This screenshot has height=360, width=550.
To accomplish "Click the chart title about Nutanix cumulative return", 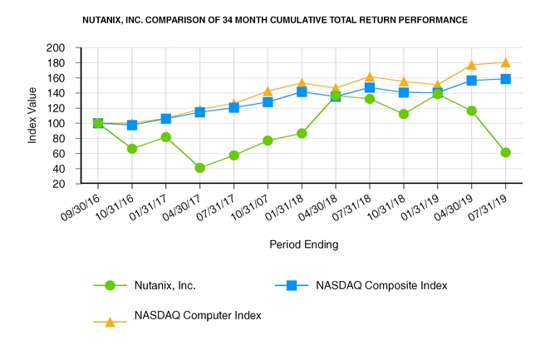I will pos(274,18).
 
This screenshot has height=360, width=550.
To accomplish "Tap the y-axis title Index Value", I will pos(32,116).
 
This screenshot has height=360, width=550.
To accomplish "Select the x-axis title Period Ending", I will pos(303,245).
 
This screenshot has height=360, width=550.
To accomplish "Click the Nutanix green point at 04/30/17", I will pos(200,168).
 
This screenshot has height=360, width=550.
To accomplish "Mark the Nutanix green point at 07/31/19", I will pos(506,152).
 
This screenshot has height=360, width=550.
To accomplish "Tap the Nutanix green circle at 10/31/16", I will pos(132,149).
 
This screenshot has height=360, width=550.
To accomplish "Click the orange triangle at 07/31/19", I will pos(506,62).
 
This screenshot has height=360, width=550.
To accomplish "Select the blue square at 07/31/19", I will pos(506,79).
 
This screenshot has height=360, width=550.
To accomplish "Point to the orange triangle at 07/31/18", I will pos(370,76).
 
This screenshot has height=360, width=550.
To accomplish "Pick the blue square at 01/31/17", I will pos(166,119).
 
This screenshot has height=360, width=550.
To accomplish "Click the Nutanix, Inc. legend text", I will pos(170,286).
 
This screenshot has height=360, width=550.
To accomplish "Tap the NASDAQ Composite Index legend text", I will pos(381,286).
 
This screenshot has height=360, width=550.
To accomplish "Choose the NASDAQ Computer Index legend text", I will pos(198,316).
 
